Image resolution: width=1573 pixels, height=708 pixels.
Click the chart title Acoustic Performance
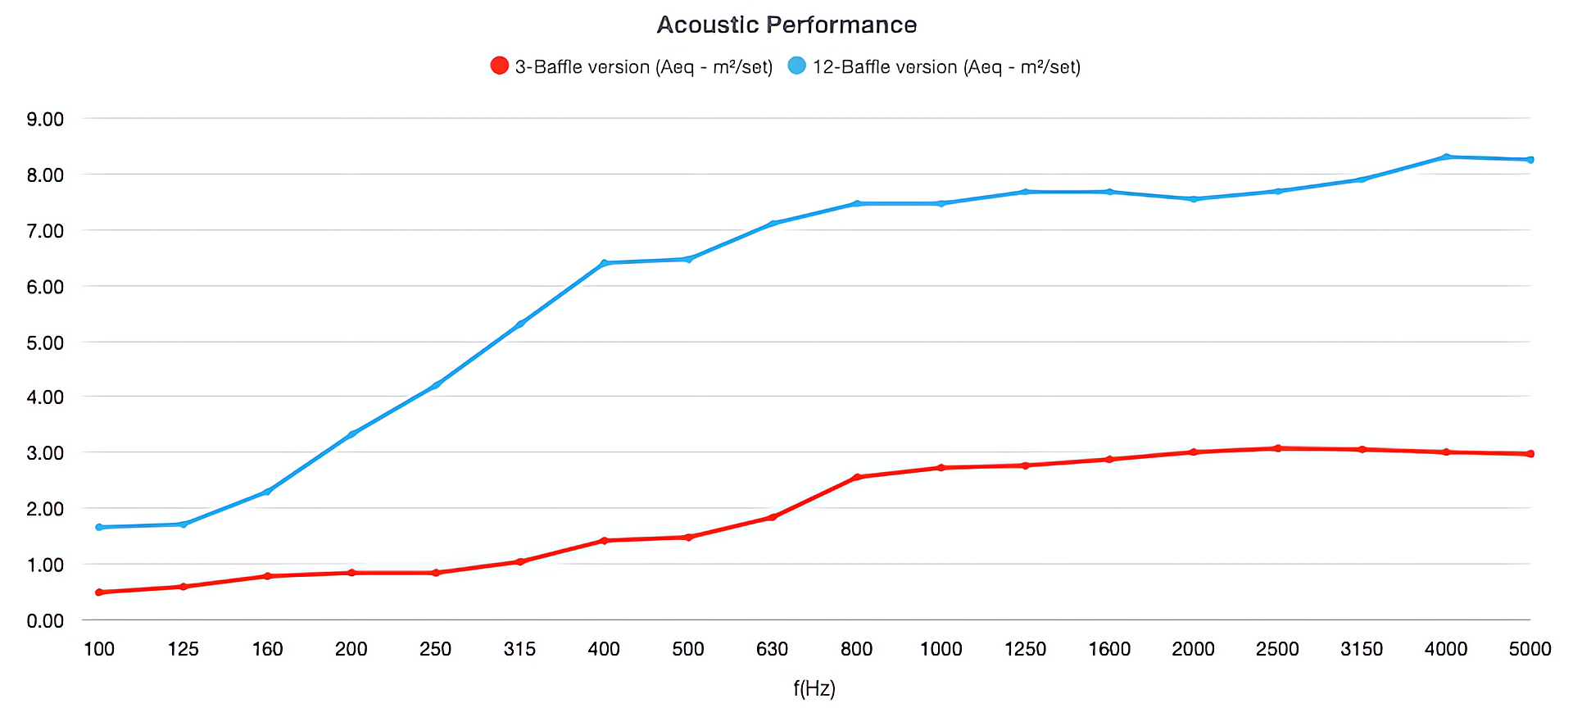click(x=786, y=25)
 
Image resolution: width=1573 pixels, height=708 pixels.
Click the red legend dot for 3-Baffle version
click(x=499, y=66)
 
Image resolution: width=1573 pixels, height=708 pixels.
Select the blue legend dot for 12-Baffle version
click(x=796, y=66)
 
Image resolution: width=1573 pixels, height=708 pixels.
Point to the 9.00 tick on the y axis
click(x=45, y=120)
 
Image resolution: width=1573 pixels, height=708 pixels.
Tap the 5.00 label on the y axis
click(x=45, y=343)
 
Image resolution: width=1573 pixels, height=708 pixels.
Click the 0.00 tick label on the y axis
click(x=45, y=621)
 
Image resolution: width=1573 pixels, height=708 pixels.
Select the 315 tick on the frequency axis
click(x=519, y=649)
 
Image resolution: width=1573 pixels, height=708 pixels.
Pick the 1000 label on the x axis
click(x=941, y=649)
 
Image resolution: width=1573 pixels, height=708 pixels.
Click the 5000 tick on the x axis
click(x=1530, y=649)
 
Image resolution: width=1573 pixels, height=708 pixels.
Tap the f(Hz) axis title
click(x=814, y=688)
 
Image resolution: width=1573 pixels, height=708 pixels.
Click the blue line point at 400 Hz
click(x=605, y=263)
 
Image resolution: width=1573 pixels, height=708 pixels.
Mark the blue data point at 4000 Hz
click(x=1446, y=157)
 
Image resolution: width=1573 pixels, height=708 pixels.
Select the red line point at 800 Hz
click(x=857, y=477)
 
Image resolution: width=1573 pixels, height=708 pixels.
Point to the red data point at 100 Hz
click(x=99, y=592)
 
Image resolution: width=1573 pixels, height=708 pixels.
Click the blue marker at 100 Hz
click(x=99, y=527)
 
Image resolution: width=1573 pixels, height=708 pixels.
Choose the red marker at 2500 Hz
click(x=1277, y=448)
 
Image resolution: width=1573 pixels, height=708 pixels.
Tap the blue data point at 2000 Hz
click(x=1193, y=199)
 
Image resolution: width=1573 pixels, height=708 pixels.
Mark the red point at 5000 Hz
click(x=1530, y=453)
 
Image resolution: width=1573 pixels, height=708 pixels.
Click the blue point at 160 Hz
click(x=267, y=492)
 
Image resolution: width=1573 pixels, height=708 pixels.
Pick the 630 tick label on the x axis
click(x=772, y=649)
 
